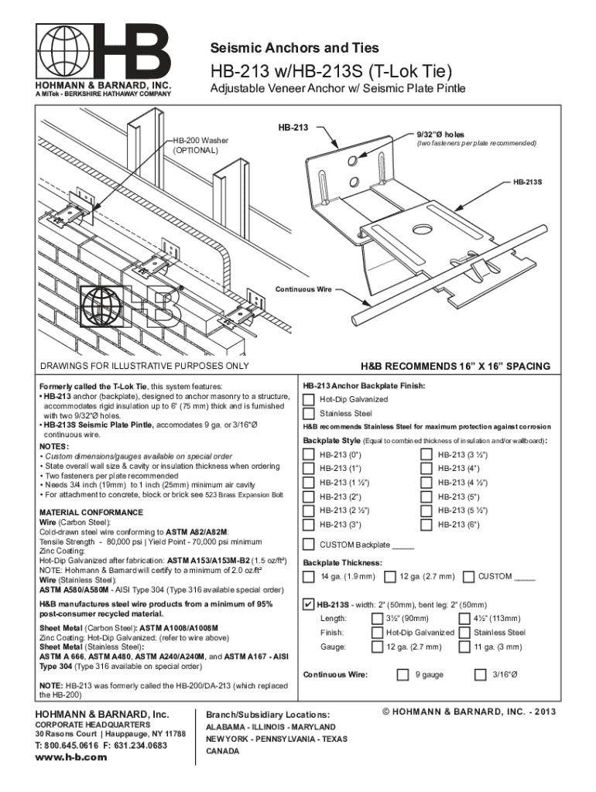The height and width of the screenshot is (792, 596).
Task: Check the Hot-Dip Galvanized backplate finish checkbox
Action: pyautogui.click(x=309, y=400)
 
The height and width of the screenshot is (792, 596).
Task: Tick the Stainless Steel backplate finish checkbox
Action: pyautogui.click(x=309, y=414)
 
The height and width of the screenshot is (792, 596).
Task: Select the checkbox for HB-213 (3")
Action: pyautogui.click(x=309, y=525)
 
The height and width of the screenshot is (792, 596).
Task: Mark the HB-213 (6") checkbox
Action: pyautogui.click(x=426, y=525)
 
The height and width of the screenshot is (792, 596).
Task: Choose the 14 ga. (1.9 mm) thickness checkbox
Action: pyautogui.click(x=309, y=577)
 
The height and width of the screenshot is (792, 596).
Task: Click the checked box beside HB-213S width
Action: pyautogui.click(x=309, y=604)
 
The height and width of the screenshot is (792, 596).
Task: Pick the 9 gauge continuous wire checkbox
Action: pyautogui.click(x=402, y=674)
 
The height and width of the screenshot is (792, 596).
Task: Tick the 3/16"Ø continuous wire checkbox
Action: pyautogui.click(x=480, y=674)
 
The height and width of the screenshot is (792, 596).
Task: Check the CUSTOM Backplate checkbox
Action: pyautogui.click(x=309, y=544)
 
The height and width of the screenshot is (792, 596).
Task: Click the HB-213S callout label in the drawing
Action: pyautogui.click(x=527, y=183)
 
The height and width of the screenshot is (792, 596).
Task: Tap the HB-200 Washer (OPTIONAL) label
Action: pyautogui.click(x=200, y=145)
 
